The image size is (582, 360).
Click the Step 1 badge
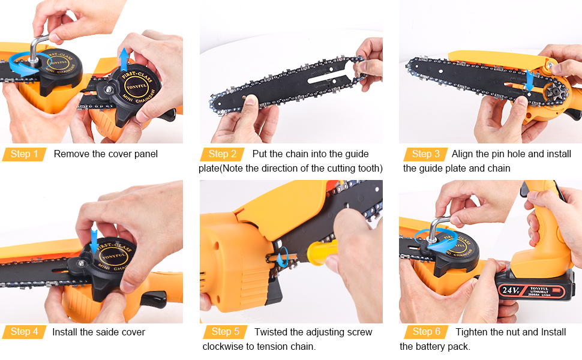pos(24,154)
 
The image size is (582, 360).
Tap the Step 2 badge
pos(223,154)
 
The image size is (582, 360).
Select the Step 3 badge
pos(425,154)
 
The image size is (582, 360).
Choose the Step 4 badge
pos(24,332)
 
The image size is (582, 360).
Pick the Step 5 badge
pos(225,332)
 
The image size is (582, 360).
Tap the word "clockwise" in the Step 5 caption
pos(223,347)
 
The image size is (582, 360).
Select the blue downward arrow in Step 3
pos(529,80)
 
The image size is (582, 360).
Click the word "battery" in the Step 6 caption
pos(433,347)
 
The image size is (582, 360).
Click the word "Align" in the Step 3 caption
pos(463,154)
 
